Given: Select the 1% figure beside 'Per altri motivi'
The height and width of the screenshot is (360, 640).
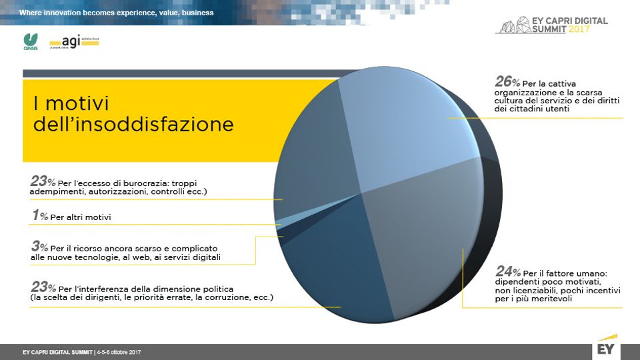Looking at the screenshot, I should tap(39, 216).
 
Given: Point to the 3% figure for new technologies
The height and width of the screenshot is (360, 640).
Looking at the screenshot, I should tap(39, 247).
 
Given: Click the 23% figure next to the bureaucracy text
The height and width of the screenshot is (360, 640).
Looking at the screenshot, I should tap(43, 181).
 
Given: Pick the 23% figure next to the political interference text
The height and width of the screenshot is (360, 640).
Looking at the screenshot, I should tap(43, 287).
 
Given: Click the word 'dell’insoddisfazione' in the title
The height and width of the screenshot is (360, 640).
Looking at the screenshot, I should tap(133, 125).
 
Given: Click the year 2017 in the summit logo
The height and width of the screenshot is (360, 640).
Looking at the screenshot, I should tap(579, 29).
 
